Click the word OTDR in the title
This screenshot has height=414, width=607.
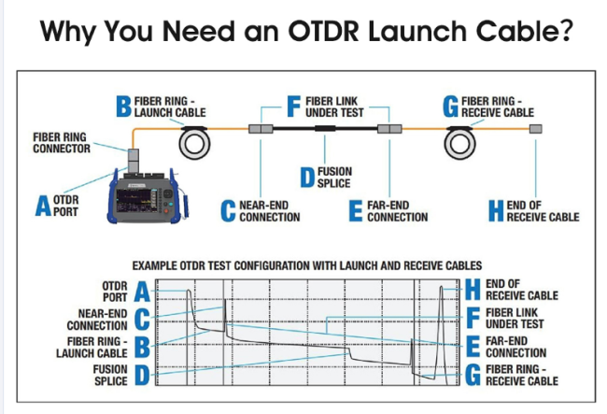pyautogui.click(x=324, y=31)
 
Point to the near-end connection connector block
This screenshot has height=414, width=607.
pyautogui.click(x=261, y=129)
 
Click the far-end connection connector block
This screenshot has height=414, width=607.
pyautogui.click(x=389, y=129)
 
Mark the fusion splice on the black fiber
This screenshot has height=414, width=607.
pyautogui.click(x=325, y=129)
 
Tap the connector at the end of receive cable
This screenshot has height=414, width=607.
pyautogui.click(x=536, y=129)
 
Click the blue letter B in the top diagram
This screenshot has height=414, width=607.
pyautogui.click(x=123, y=107)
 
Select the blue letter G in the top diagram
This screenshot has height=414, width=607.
pyautogui.click(x=451, y=107)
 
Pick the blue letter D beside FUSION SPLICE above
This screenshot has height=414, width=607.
pyautogui.click(x=307, y=178)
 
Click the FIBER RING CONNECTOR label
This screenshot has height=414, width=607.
pyautogui.click(x=62, y=143)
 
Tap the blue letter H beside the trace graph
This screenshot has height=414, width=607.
pyautogui.click(x=473, y=290)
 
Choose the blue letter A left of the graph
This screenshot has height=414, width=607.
pyautogui.click(x=142, y=292)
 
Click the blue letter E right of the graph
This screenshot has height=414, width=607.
pyautogui.click(x=473, y=347)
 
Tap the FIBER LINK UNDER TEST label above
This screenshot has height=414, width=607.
pyautogui.click(x=334, y=107)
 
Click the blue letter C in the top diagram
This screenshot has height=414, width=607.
pyautogui.click(x=228, y=211)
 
